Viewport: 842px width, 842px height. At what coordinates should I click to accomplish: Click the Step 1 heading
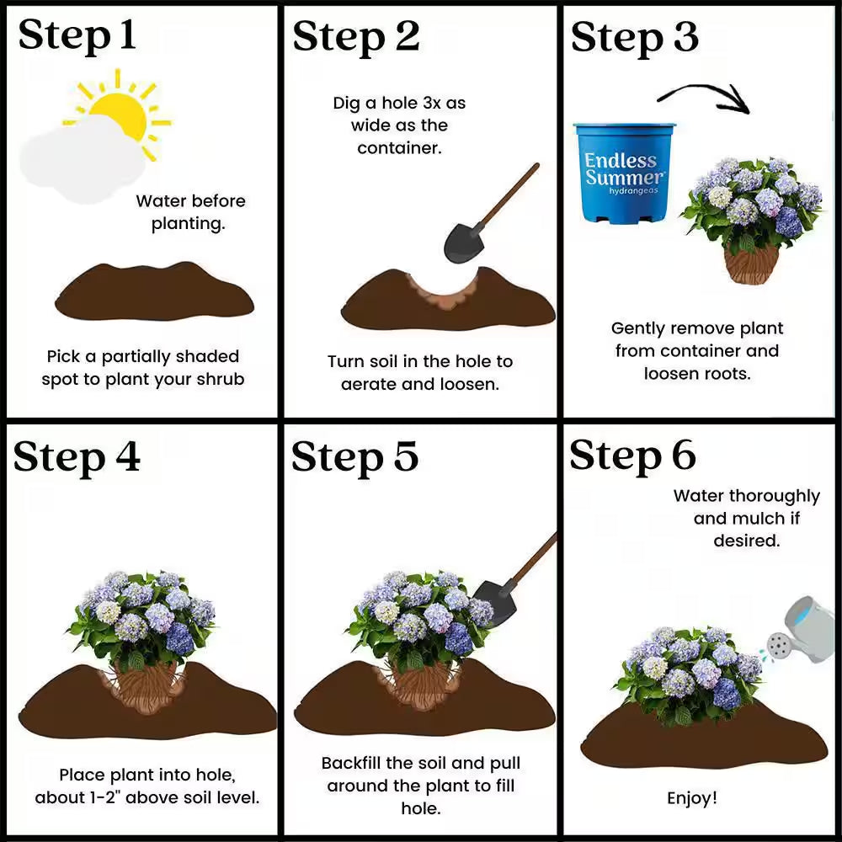tap(77, 36)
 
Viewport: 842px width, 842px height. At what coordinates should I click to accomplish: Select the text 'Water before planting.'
tap(190, 212)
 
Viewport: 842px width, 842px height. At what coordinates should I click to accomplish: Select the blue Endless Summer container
tap(624, 173)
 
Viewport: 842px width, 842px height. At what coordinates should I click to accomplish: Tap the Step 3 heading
tap(634, 37)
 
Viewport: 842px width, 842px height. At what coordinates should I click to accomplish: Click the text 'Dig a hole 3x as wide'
tap(399, 115)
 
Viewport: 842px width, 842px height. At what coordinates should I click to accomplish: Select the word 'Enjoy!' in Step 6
tap(692, 797)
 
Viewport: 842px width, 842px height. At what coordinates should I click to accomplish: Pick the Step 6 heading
tap(632, 456)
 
